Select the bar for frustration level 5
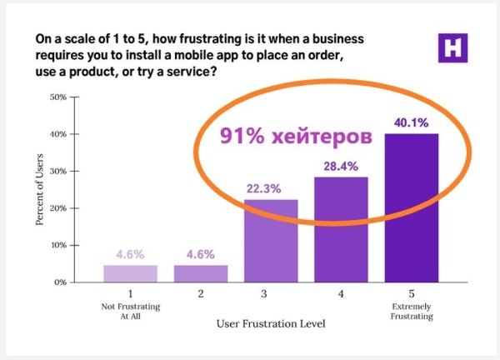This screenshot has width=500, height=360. pyautogui.click(x=411, y=208)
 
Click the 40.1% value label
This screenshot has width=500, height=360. pyautogui.click(x=411, y=123)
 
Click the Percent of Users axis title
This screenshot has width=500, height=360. pyautogui.click(x=39, y=190)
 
